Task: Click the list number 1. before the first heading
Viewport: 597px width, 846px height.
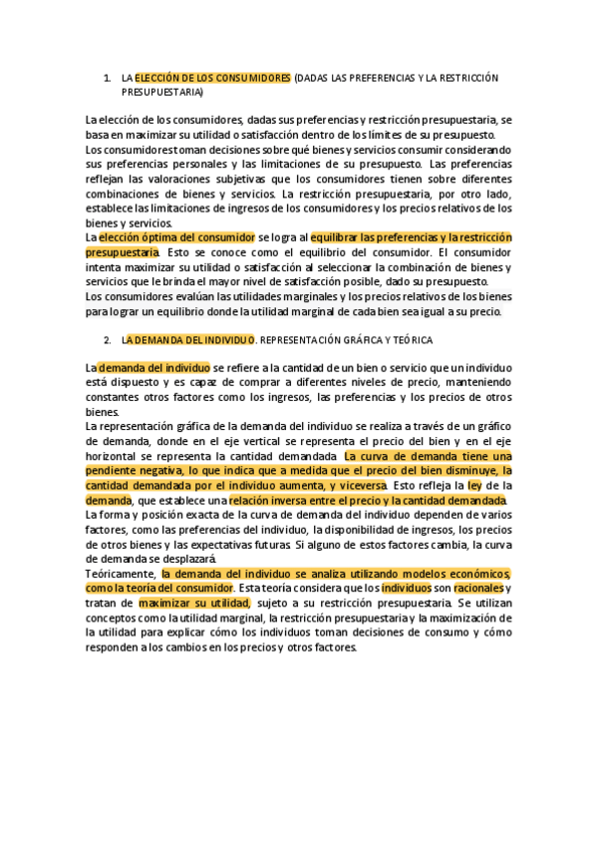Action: tap(108, 78)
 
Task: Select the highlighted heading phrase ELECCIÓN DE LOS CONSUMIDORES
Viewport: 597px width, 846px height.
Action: tap(212, 78)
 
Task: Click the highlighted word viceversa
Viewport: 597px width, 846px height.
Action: tap(359, 485)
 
